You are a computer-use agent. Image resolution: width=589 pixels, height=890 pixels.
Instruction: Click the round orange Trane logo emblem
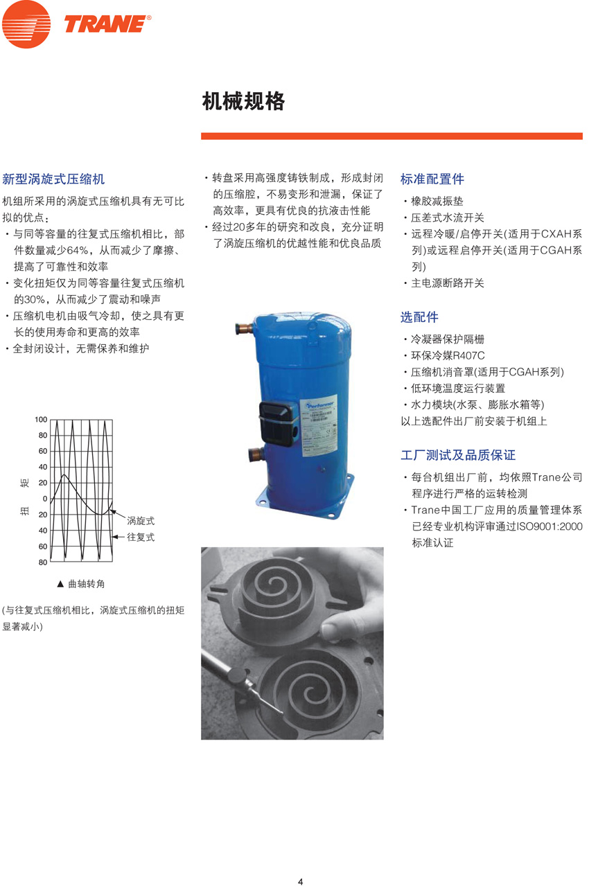[x=26, y=24]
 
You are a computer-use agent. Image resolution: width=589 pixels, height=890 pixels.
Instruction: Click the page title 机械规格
[x=243, y=102]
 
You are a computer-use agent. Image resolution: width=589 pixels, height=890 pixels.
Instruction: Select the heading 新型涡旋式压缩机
[x=53, y=179]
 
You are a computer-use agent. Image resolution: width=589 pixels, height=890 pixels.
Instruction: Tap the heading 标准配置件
[x=432, y=179]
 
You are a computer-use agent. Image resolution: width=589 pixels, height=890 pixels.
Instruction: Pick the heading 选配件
[x=419, y=317]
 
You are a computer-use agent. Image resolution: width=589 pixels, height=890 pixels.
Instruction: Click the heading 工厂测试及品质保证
[x=458, y=456]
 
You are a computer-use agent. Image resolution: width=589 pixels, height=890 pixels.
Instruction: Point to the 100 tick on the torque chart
[x=41, y=420]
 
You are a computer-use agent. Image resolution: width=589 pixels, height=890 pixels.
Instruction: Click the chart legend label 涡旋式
[x=140, y=519]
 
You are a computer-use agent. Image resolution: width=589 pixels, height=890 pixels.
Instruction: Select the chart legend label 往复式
[x=140, y=537]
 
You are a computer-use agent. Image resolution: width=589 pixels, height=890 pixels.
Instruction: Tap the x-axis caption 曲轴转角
[x=86, y=585]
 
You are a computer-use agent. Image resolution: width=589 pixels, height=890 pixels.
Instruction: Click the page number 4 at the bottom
[x=300, y=882]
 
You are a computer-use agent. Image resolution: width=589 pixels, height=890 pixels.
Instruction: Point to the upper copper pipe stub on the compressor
[x=245, y=326]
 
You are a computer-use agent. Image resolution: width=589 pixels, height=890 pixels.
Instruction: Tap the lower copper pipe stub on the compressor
[x=255, y=455]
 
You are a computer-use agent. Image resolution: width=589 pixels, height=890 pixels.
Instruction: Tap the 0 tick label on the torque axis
[x=45, y=499]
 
